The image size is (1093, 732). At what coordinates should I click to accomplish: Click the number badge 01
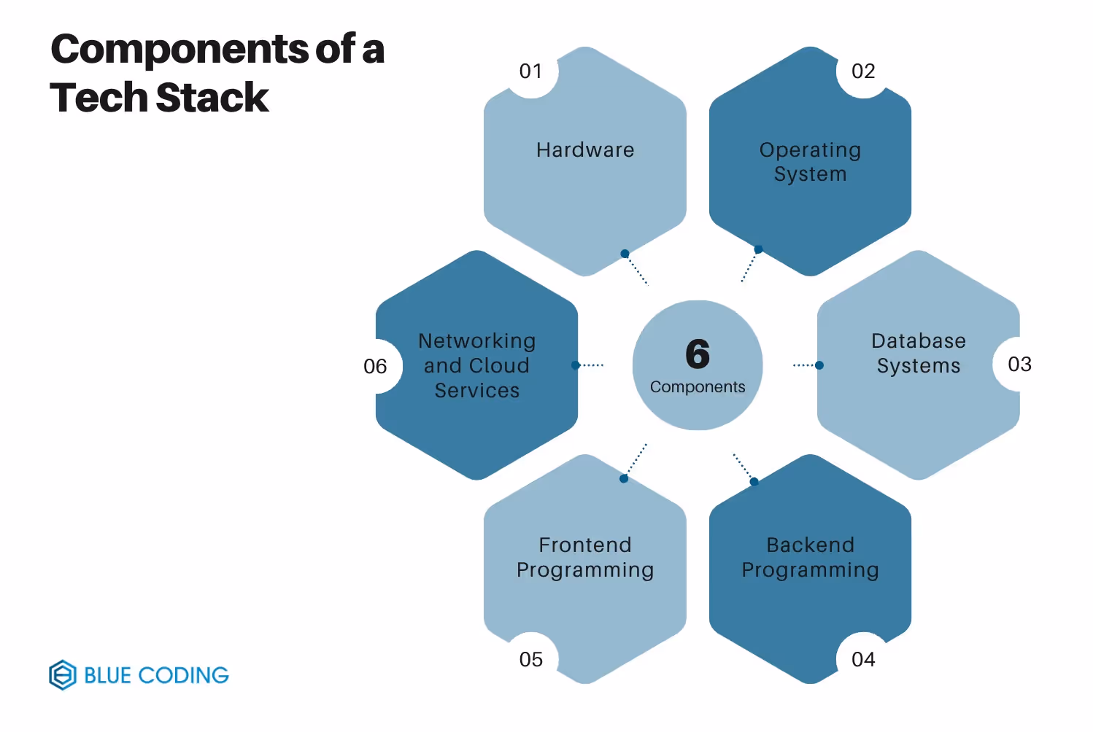pos(530,71)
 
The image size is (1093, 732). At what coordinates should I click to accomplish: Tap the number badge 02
pos(863,71)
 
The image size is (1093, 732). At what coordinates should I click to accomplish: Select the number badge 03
pos(1019,364)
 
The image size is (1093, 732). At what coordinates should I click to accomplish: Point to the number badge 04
pos(863,659)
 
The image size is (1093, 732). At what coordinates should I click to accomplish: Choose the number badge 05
pos(530,659)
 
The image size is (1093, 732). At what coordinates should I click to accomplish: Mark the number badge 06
pos(375,366)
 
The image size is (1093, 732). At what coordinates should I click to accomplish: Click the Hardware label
pos(585,150)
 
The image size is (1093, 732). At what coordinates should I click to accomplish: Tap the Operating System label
pos(810,162)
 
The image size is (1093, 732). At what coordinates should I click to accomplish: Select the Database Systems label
pos(919,353)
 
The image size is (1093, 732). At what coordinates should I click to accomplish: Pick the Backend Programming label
pos(810,557)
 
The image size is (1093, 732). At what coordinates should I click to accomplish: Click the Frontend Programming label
pos(585,557)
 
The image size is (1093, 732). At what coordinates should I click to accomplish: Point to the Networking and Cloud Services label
pos(477,365)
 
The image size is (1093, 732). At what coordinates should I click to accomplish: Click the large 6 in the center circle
pos(698,354)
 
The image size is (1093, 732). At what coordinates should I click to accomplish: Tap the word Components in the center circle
pos(698,387)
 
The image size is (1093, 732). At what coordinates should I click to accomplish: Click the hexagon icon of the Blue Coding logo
pos(63,675)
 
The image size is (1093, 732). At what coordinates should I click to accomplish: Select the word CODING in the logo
pos(183,675)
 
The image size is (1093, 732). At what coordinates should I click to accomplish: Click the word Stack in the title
pos(212,98)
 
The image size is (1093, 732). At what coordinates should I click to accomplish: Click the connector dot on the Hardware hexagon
pos(625,254)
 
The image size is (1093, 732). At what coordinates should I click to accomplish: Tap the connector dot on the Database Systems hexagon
pos(819,365)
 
